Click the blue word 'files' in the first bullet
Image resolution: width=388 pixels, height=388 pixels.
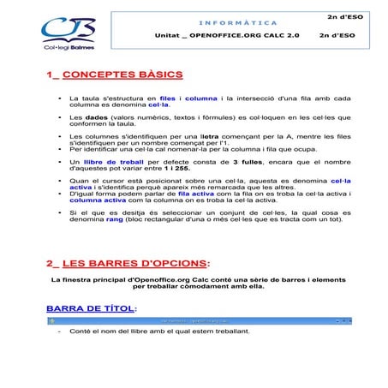point(167,98)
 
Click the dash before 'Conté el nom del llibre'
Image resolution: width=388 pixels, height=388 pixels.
point(58,331)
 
